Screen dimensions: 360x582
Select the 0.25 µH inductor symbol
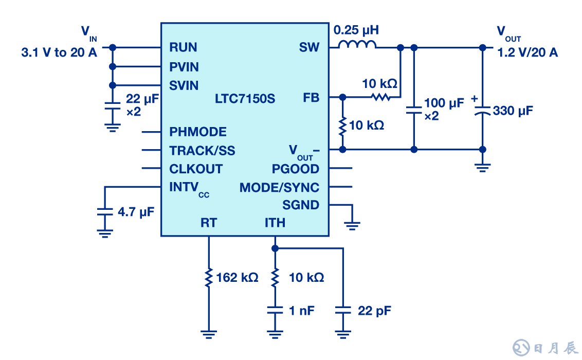click(357, 45)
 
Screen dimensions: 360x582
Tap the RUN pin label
click(183, 48)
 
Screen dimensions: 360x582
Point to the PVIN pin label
click(184, 67)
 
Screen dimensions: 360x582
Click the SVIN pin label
click(184, 85)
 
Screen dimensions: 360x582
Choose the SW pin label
click(309, 48)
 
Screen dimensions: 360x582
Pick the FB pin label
click(311, 97)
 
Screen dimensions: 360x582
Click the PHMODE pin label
click(198, 132)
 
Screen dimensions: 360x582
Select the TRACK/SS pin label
click(203, 151)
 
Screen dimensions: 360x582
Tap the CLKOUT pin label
click(196, 169)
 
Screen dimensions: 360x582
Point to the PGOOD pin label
click(296, 169)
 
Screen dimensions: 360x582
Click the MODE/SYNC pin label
click(279, 187)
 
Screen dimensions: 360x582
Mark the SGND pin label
click(301, 205)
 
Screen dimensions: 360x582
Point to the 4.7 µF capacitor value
click(136, 211)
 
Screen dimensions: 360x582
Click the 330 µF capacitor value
click(513, 110)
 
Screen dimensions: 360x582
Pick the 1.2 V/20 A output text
click(527, 52)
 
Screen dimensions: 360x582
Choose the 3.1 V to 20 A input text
click(59, 52)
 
